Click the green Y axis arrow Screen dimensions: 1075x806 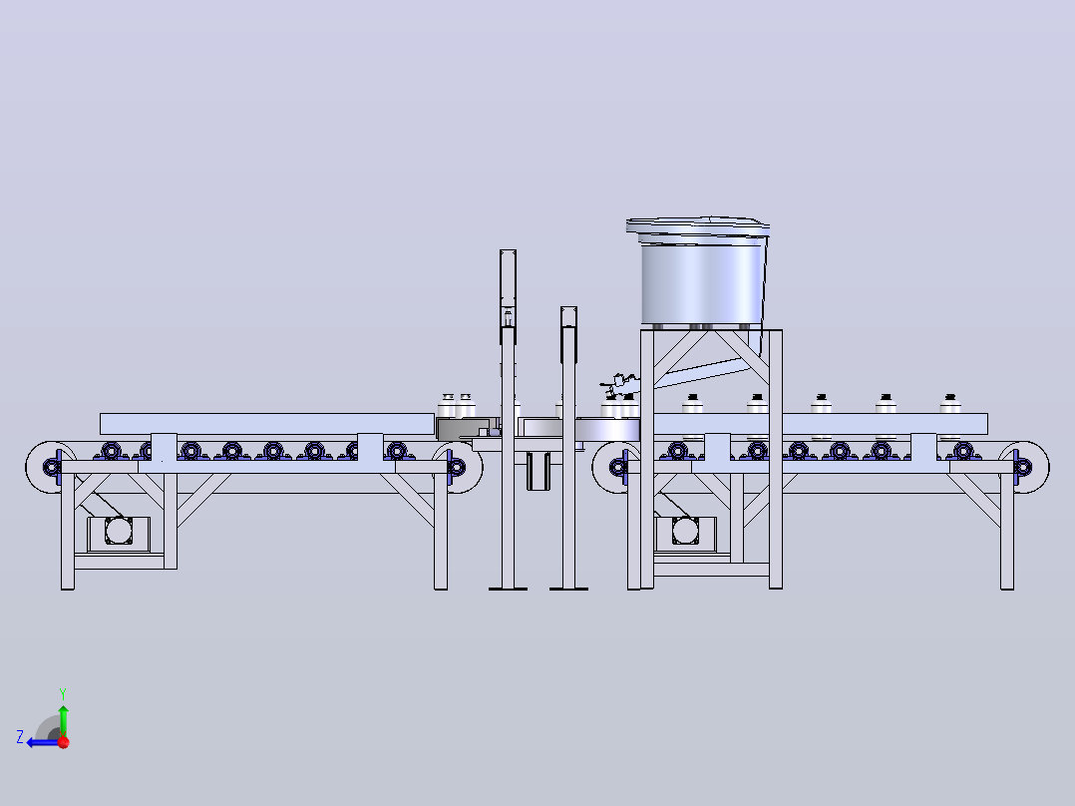coord(63,719)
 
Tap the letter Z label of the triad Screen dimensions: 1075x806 coord(20,737)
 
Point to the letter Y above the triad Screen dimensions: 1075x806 coord(63,693)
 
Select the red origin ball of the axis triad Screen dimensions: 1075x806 coord(64,742)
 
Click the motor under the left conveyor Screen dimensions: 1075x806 coord(118,532)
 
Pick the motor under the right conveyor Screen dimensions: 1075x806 coord(685,532)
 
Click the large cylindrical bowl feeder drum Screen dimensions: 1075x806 coord(703,281)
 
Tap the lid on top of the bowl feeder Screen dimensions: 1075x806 coord(698,225)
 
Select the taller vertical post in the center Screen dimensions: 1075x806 coord(508,418)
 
